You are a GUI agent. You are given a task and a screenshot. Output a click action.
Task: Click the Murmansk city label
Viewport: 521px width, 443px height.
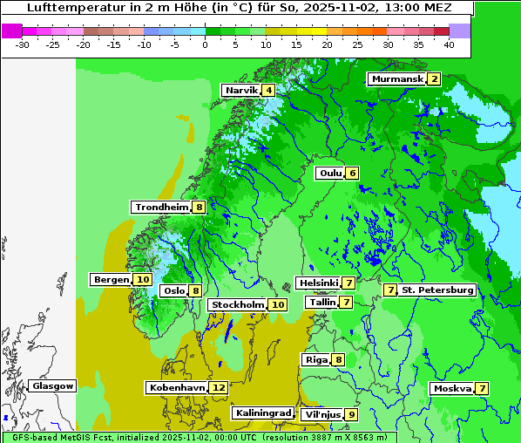click(397, 79)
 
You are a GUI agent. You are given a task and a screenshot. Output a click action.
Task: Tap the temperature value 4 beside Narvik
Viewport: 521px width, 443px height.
click(269, 91)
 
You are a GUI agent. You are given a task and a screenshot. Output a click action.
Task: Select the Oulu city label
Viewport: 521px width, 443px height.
click(330, 173)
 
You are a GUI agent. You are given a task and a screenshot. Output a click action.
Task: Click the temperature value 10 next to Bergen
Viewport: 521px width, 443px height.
click(143, 280)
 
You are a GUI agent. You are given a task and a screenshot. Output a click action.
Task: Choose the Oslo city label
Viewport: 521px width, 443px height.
click(174, 291)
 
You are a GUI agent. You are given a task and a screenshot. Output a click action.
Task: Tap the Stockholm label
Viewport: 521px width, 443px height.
click(238, 304)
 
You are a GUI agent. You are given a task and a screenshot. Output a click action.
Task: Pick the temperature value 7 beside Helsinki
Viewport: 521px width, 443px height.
click(348, 283)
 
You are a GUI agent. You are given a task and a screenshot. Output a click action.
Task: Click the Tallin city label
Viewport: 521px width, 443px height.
click(322, 303)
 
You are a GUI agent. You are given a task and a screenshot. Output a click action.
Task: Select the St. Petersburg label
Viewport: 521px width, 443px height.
click(437, 290)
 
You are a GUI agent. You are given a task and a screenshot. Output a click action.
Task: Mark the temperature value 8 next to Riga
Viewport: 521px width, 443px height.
click(338, 359)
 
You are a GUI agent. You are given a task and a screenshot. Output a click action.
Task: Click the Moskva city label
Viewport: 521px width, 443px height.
click(452, 388)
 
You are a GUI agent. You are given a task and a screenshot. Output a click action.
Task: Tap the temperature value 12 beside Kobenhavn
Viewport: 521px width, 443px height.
click(219, 387)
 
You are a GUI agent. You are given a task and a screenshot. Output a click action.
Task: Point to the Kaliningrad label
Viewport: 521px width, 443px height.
click(262, 412)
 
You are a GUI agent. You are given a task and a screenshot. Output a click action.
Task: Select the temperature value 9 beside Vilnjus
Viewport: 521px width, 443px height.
click(351, 414)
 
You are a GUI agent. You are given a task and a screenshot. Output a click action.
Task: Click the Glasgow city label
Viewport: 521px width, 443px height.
click(53, 385)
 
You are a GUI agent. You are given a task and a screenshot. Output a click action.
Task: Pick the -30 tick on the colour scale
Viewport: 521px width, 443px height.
click(23, 44)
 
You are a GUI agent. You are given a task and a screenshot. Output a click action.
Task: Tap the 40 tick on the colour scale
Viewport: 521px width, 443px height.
click(448, 44)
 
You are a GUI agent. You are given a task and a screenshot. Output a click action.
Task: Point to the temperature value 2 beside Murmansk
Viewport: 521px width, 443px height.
click(433, 79)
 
